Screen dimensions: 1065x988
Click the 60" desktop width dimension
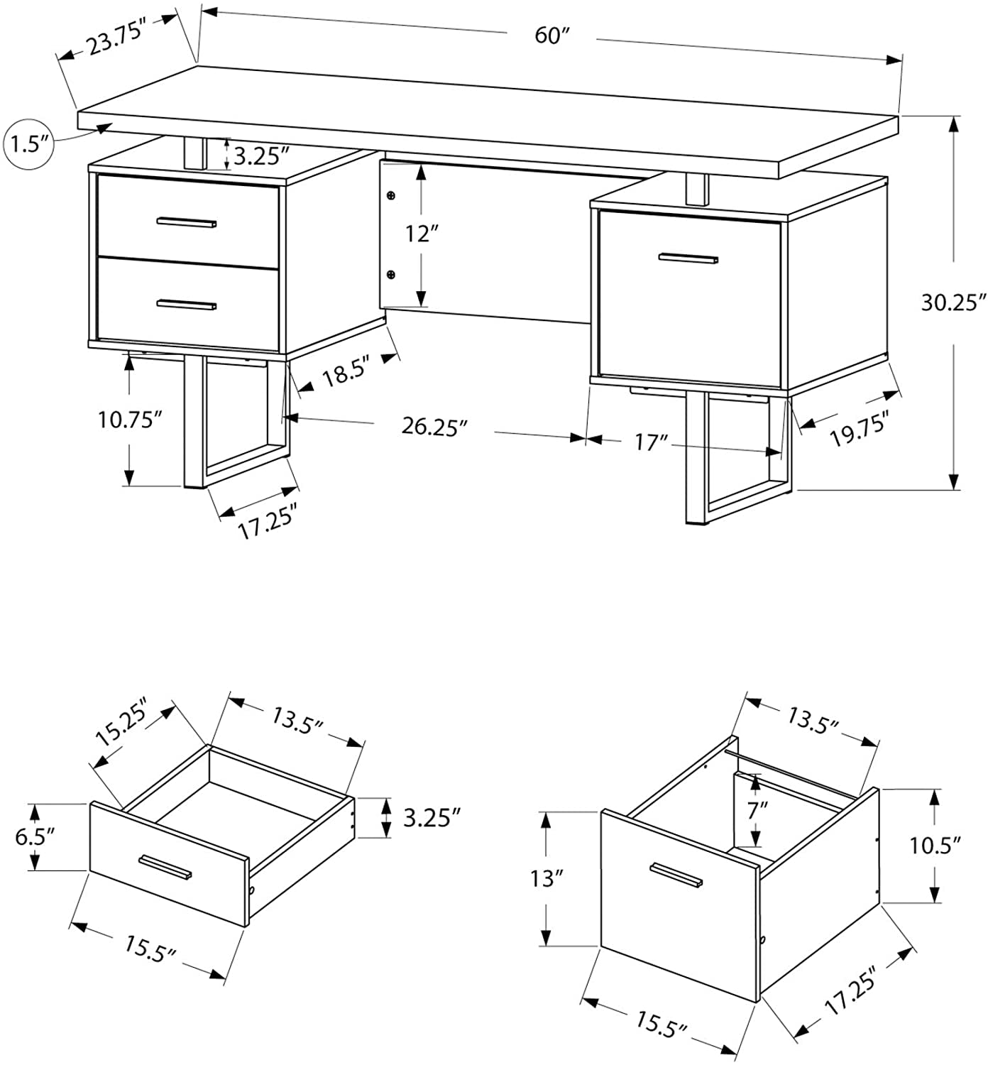[549, 35]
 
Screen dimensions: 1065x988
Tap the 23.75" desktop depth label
[116, 37]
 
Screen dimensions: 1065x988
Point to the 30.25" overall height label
[954, 302]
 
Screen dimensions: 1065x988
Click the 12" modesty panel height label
[419, 233]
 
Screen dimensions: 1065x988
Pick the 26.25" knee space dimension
[434, 427]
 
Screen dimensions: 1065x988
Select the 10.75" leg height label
[126, 420]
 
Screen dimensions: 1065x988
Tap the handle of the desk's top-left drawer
[187, 222]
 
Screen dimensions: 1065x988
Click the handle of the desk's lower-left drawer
[187, 305]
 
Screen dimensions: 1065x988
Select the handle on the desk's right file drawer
[688, 258]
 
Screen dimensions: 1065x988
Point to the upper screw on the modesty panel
[390, 195]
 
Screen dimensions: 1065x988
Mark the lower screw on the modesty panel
[390, 274]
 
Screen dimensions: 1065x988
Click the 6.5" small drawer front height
[33, 836]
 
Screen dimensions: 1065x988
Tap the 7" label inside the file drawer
[757, 809]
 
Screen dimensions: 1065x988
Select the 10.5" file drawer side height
[935, 845]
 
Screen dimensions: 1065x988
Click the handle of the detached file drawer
[676, 875]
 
